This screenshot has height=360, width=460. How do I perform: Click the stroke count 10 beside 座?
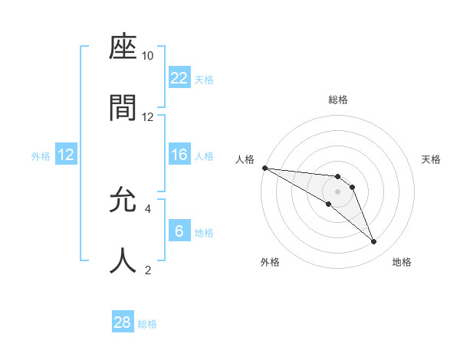pos(147,56)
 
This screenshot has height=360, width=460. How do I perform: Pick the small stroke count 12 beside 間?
pos(147,116)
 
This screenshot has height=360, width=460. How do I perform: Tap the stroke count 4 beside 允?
pos(147,208)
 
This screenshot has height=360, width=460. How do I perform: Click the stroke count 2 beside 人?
pos(147,269)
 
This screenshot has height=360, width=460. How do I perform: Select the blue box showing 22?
pos(179,78)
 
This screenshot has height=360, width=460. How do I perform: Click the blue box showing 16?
pos(179,155)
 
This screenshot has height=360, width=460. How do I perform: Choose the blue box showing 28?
pos(123,322)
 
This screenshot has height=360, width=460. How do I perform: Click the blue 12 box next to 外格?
pos(66,155)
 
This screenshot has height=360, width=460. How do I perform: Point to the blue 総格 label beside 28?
pos(147,324)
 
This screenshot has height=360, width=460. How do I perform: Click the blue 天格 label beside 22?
pos(204,80)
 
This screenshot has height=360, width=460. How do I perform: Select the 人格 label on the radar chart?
pos(244,159)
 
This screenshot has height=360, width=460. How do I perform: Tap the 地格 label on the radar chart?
pos(402,262)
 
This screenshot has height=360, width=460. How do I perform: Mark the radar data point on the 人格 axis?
pos(264,168)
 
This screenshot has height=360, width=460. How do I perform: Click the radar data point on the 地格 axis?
pos(373,242)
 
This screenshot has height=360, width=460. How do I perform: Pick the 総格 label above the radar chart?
pos(337,100)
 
